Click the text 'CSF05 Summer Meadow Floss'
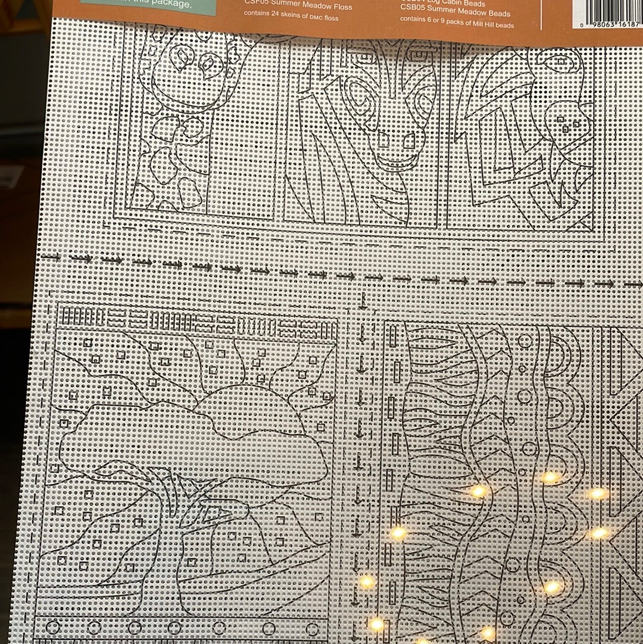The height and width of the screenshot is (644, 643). [298, 7]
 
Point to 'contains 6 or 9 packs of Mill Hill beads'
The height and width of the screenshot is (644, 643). [456, 25]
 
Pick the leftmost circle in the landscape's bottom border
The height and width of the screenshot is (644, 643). [53, 627]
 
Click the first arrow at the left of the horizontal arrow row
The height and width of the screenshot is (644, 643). [51, 257]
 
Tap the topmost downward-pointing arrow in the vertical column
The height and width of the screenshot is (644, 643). [362, 301]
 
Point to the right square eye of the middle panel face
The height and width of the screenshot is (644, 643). [409, 141]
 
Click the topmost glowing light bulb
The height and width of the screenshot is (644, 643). [550, 477]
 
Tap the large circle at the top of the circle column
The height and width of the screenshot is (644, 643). [525, 341]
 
